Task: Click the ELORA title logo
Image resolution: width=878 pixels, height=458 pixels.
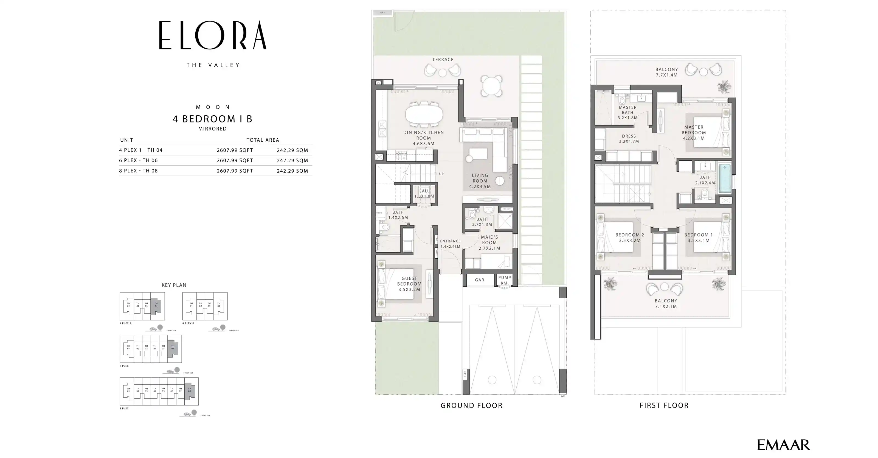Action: [213, 35]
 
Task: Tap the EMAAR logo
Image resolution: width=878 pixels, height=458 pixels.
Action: [783, 445]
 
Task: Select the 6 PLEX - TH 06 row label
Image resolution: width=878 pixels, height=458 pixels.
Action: [138, 160]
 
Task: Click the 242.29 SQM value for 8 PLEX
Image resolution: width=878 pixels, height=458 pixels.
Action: [292, 171]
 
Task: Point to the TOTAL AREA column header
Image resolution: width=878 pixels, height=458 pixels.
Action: [263, 140]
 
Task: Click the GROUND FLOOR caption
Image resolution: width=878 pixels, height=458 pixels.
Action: [471, 406]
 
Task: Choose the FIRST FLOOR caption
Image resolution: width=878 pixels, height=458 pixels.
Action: [664, 406]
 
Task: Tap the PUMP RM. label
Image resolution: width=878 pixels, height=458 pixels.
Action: [505, 280]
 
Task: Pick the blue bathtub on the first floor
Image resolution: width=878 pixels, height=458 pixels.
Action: [725, 179]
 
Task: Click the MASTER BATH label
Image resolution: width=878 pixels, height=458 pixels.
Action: [627, 110]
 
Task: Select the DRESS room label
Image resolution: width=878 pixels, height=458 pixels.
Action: [629, 136]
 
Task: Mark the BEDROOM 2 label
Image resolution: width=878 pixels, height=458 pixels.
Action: [629, 235]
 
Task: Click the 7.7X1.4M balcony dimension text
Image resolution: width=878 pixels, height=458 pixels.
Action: [667, 75]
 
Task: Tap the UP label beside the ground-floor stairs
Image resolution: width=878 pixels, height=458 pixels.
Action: [441, 174]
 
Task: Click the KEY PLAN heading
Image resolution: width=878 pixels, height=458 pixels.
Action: [174, 285]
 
